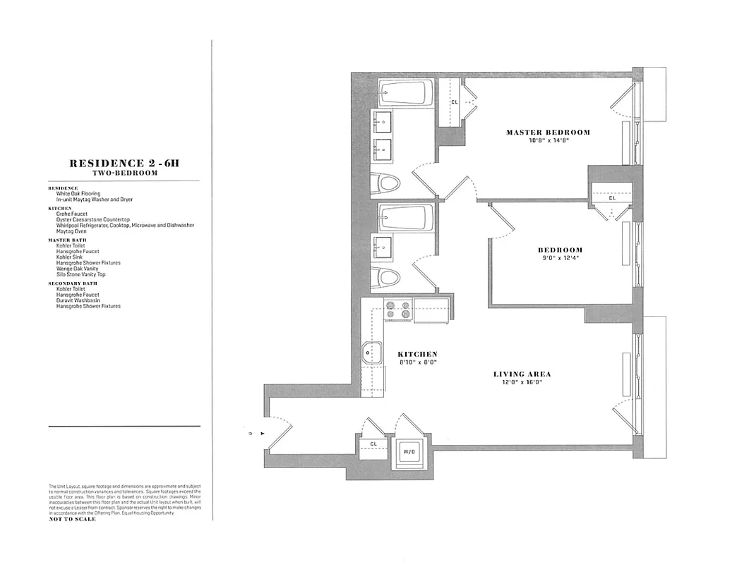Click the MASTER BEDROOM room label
(x=548, y=133)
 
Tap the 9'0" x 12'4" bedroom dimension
(x=561, y=259)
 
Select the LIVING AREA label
(x=522, y=374)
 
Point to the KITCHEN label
(x=417, y=355)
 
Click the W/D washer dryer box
(x=409, y=450)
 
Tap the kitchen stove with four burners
(x=398, y=310)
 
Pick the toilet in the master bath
(x=387, y=185)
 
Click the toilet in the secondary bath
(x=387, y=276)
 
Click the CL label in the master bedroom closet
(x=454, y=102)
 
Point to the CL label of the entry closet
(x=373, y=444)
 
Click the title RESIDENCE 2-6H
(x=124, y=164)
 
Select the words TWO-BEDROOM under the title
(x=124, y=173)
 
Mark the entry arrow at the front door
(x=263, y=434)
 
